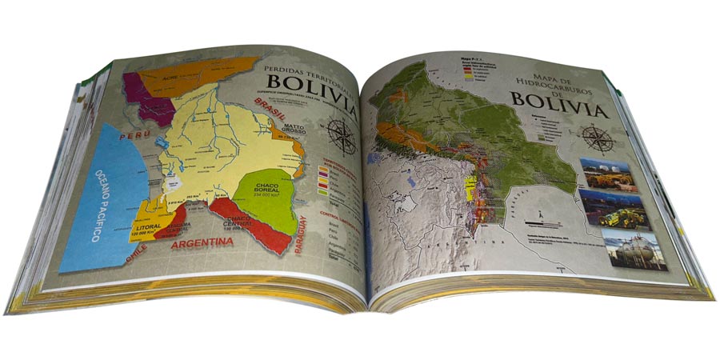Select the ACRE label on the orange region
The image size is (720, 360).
(170, 78)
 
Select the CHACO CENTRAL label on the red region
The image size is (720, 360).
(240, 222)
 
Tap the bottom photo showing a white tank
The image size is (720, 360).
(632, 249)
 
